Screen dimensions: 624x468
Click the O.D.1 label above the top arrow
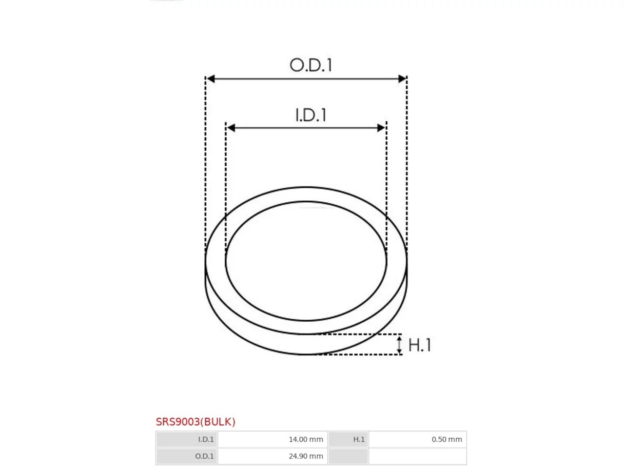click(311, 65)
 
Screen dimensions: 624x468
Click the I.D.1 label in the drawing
click(311, 115)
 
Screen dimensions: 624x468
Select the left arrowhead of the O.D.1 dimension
click(211, 78)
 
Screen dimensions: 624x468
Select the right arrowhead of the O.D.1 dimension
click(402, 78)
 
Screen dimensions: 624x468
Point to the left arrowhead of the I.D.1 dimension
click(231, 128)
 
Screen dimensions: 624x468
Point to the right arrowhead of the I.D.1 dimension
click(381, 128)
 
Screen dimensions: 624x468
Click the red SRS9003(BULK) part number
click(195, 422)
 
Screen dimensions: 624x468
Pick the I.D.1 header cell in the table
click(187, 439)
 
